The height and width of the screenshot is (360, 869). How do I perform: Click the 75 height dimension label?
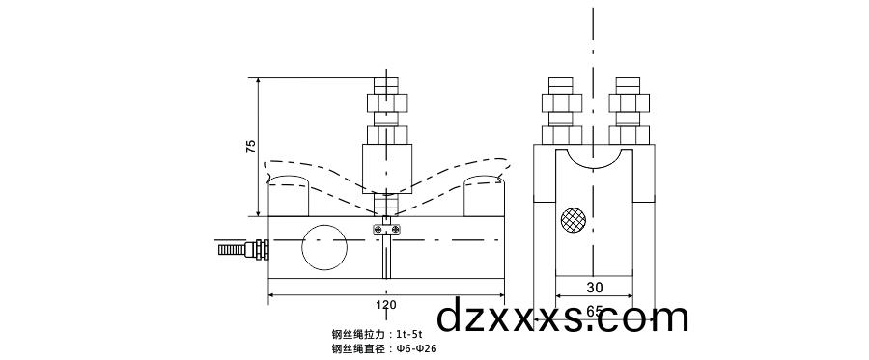tap(251, 147)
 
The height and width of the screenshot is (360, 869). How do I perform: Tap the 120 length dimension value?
tap(385, 305)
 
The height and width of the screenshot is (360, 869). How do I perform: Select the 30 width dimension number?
tap(594, 288)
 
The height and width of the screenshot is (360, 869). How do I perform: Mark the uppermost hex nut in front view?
tap(386, 101)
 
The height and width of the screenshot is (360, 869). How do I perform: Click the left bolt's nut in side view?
tap(560, 101)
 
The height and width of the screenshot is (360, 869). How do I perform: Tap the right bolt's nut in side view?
tap(628, 101)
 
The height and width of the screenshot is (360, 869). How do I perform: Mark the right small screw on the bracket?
tap(396, 228)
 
